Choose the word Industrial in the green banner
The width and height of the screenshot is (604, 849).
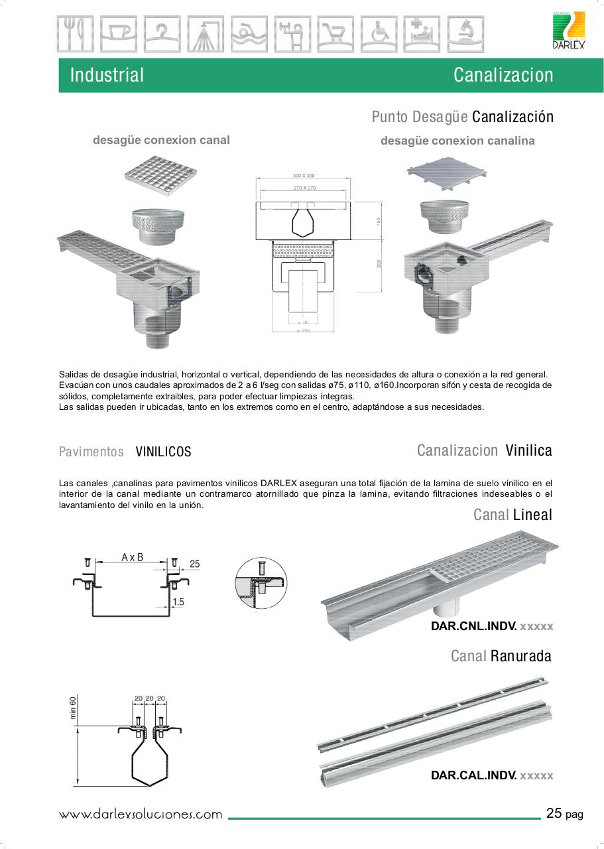107,75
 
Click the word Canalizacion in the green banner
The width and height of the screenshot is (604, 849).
503,75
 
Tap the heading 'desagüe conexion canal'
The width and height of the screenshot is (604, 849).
161,140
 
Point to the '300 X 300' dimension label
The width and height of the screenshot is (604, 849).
304,176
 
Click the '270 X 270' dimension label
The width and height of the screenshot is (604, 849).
304,188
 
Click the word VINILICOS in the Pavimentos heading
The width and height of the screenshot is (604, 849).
163,452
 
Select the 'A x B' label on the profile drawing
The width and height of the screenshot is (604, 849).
133,558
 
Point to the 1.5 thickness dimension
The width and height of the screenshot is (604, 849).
178,602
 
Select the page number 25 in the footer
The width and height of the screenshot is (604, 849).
554,813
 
